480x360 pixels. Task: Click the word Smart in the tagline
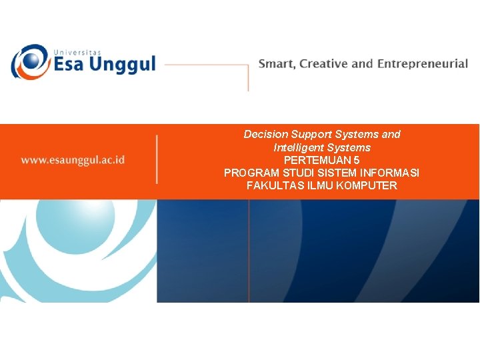coord(275,64)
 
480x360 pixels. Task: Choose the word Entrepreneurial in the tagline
coord(422,65)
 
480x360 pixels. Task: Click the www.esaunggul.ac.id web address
coord(73,160)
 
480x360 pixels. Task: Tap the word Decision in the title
coord(265,135)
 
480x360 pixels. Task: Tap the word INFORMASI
coord(389,173)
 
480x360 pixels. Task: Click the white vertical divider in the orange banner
coord(157,160)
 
